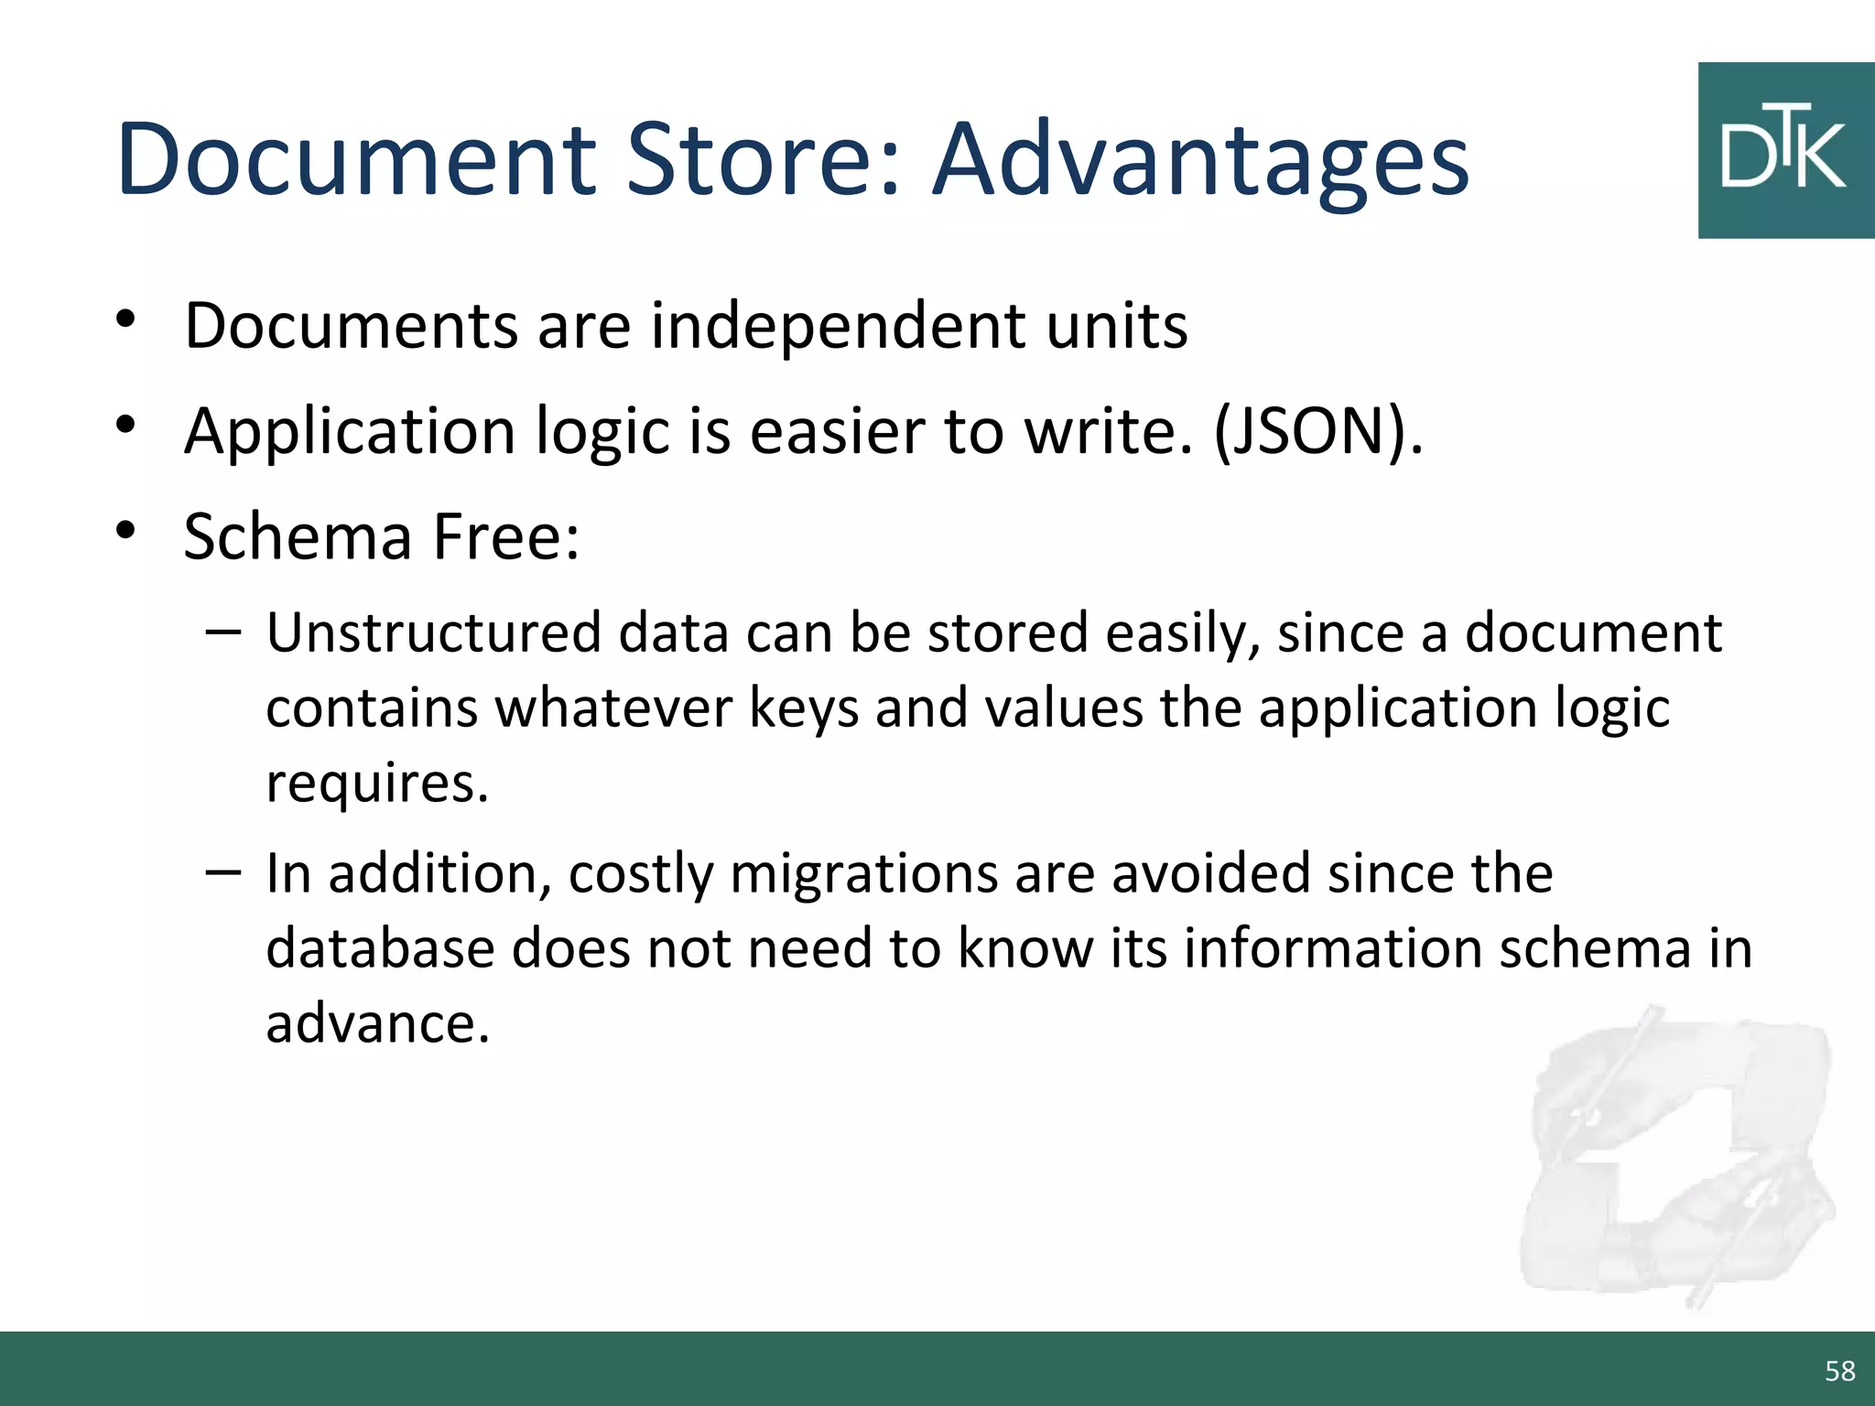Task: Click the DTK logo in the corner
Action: click(1785, 151)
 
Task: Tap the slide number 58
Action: click(1839, 1370)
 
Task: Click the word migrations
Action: click(863, 873)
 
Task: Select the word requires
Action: click(377, 784)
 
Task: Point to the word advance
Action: click(377, 1023)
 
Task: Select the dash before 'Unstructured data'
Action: click(223, 633)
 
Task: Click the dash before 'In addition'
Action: click(223, 872)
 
